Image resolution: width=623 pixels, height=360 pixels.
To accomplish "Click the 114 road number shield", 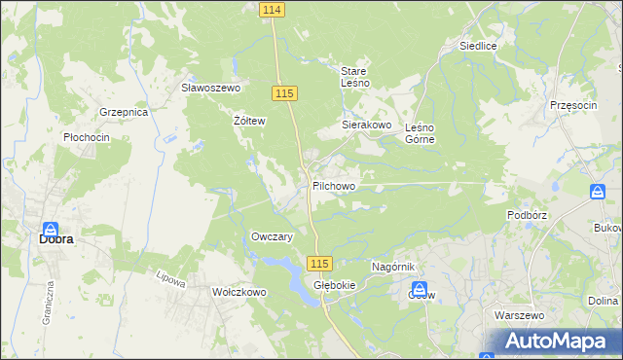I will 273,9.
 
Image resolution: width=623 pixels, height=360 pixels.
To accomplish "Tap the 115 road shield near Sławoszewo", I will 284,92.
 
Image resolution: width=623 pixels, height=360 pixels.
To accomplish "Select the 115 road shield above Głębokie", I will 320,264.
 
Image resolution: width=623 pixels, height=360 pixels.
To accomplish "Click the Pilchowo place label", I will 334,185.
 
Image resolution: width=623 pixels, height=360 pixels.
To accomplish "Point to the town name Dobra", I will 56,237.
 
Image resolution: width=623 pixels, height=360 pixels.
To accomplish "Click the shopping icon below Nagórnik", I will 421,289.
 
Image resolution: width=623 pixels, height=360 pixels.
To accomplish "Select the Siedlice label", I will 479,46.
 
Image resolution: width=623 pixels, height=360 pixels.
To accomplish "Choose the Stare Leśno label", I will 352,77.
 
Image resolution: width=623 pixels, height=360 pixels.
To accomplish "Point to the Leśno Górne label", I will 420,132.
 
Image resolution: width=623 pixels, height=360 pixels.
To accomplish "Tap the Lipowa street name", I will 171,279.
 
